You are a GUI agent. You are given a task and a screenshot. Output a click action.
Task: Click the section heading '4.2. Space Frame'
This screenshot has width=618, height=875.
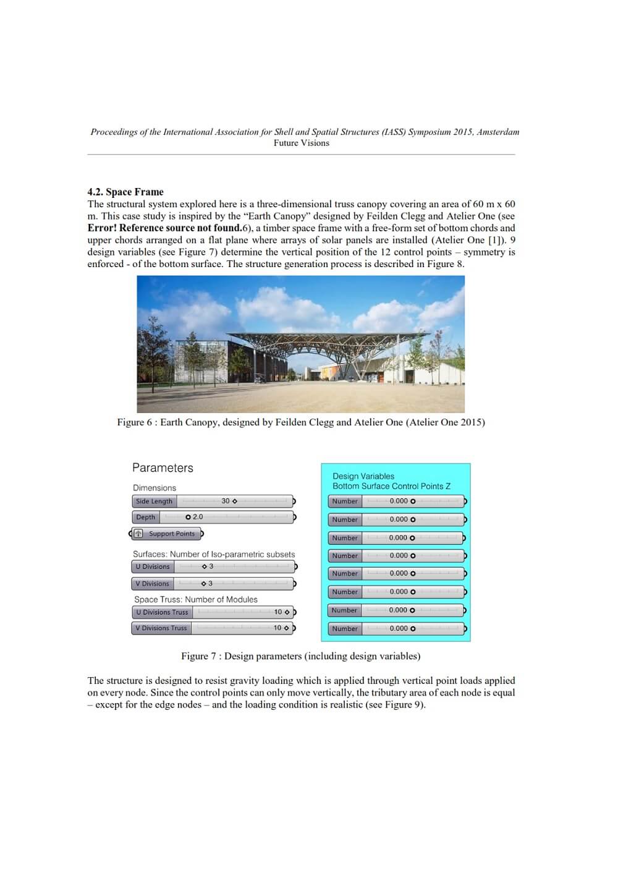[x=125, y=192]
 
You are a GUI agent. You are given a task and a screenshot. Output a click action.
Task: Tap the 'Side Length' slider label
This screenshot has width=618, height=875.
[x=154, y=502]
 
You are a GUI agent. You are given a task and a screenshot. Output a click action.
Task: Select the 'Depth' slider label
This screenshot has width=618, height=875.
[x=146, y=517]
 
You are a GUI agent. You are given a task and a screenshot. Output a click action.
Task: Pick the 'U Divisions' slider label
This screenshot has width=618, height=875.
[x=153, y=566]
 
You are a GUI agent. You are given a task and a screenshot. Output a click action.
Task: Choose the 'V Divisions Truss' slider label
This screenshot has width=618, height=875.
[x=161, y=628]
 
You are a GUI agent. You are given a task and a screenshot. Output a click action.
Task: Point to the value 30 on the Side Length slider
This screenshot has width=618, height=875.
[x=226, y=501]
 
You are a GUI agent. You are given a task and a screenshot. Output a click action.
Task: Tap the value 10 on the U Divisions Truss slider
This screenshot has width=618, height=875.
[x=278, y=612]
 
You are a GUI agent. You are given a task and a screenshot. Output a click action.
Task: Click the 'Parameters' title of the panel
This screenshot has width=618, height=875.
[x=163, y=468]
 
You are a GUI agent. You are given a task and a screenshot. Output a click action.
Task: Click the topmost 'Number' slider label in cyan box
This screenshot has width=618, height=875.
[x=345, y=502]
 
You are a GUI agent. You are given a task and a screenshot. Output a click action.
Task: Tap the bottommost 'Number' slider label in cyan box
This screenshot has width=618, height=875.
[x=345, y=629]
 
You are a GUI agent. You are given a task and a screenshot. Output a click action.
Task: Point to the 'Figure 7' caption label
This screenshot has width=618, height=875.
[x=198, y=656]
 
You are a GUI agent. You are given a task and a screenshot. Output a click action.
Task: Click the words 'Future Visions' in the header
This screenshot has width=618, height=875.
[x=302, y=143]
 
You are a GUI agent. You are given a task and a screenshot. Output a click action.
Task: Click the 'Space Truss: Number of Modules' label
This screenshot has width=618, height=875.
[x=196, y=599]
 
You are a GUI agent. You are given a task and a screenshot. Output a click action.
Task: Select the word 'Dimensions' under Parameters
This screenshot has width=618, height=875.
[x=154, y=488]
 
